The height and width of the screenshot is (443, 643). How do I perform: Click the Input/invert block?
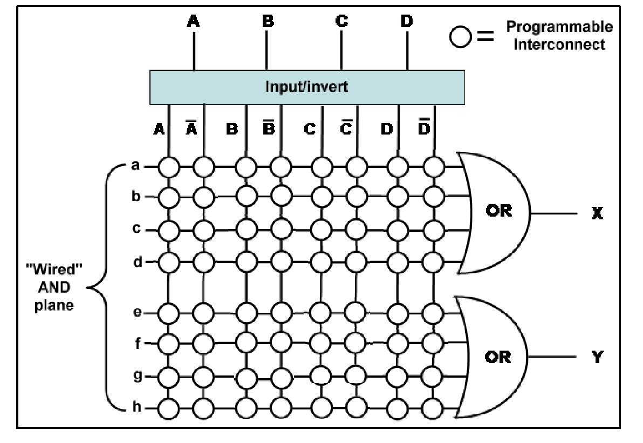[307, 86]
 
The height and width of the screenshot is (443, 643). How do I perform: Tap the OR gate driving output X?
[494, 211]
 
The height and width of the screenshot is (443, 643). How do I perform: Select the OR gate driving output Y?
[494, 357]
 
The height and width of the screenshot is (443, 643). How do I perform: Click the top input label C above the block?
[341, 22]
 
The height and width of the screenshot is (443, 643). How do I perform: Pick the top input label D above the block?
[407, 22]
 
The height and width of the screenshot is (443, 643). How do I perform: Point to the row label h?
[136, 407]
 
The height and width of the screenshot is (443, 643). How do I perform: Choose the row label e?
[136, 312]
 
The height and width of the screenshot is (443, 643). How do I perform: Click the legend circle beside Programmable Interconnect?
[460, 37]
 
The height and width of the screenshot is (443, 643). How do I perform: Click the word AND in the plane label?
[57, 290]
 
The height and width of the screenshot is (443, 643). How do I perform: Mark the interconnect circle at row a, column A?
[169, 166]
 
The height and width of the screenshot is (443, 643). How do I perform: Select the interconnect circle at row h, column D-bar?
[433, 407]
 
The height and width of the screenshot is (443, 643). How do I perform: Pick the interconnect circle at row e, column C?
[321, 312]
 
